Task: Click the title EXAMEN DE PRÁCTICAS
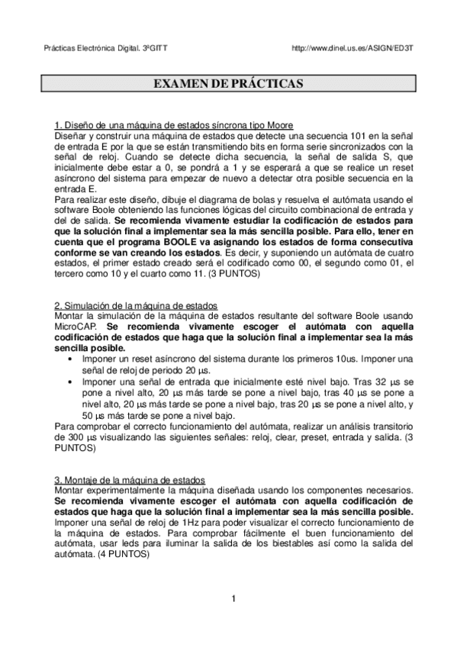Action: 228,82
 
